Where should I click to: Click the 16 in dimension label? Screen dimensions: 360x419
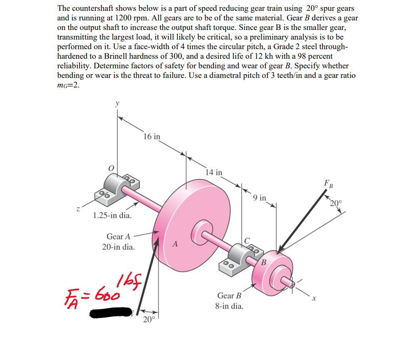[151, 136]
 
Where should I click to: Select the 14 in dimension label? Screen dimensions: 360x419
[214, 172]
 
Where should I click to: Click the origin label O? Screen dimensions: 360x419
[111, 167]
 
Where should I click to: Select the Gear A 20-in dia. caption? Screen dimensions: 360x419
[119, 242]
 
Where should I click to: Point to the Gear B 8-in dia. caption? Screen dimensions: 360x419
[229, 301]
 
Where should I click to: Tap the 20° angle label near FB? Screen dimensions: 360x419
[336, 204]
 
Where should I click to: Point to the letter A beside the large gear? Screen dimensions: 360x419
[175, 244]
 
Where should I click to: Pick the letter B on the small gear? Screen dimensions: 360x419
[264, 262]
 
